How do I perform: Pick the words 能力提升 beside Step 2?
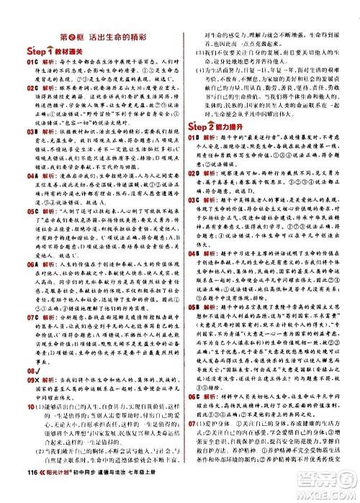pos(243,109)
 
